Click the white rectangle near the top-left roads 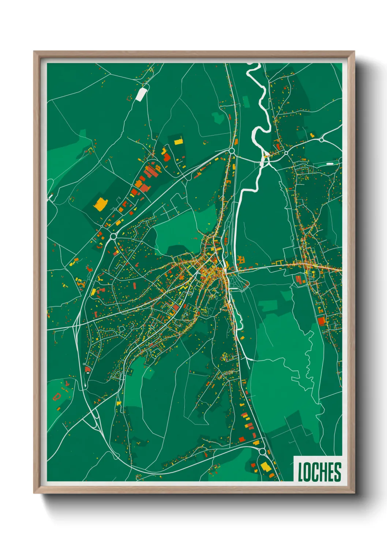coord(141,94)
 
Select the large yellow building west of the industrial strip coord(100,204)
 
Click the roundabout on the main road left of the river coord(231,151)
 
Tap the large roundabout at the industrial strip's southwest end coord(113,237)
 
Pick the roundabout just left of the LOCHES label coord(262,451)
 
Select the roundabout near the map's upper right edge coord(321,140)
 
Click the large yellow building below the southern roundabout coord(265,467)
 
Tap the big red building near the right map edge coord(322,321)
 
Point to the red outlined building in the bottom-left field coord(57,397)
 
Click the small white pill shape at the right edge coord(330,164)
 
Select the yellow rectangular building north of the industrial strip coord(178,141)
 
